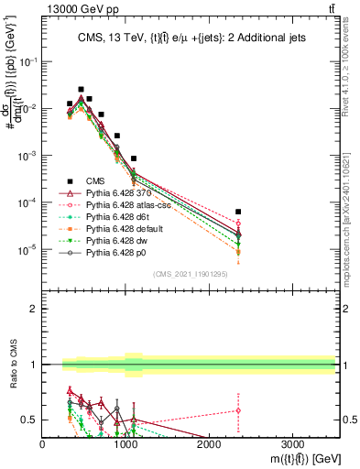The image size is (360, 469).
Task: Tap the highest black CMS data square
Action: (x=81, y=89)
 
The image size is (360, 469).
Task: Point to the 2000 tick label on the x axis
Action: (x=210, y=444)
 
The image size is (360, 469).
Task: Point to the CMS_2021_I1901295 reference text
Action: (x=190, y=274)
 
